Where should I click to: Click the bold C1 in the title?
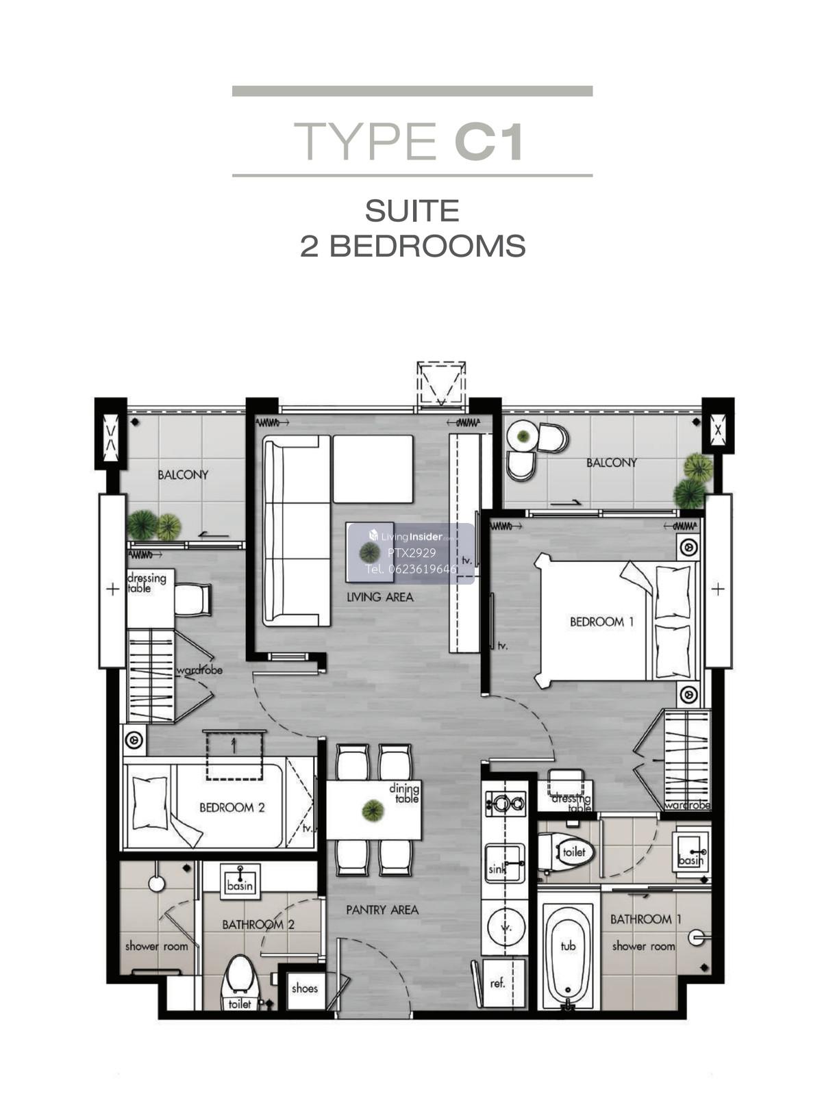pos(489,142)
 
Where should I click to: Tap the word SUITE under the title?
pos(412,210)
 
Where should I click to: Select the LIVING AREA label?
pos(380,596)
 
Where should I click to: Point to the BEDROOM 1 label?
pos(601,622)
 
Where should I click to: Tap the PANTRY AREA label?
pos(382,910)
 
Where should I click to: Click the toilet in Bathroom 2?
pos(240,981)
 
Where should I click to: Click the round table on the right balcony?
pos(523,437)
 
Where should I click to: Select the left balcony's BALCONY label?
pos(183,474)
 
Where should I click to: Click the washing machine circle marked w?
pos(506,928)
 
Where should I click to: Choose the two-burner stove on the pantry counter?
pos(506,804)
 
